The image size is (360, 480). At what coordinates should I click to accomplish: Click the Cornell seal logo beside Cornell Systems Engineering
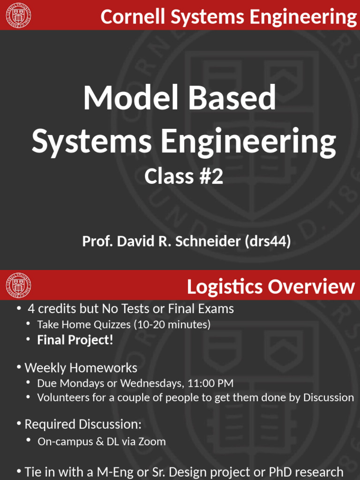coord(19,15)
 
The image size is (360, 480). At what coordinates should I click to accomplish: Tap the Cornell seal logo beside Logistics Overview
coord(19,285)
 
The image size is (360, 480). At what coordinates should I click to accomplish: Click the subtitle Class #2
coord(183,177)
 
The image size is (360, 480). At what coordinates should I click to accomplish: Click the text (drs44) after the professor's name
coord(269,242)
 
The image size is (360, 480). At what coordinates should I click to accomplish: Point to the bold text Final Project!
coord(75,340)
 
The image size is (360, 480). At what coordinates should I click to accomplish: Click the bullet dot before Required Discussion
coord(19,424)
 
